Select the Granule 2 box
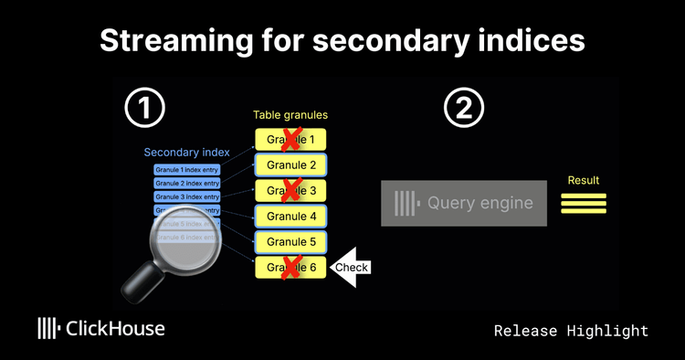[x=290, y=165]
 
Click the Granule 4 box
[x=290, y=217]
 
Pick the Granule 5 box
[x=290, y=242]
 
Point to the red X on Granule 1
[x=291, y=140]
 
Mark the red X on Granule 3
[x=291, y=191]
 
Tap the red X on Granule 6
[x=291, y=268]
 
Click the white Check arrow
[x=350, y=268]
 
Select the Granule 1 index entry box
[x=187, y=170]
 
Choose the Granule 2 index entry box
[x=187, y=184]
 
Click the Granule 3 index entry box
[x=187, y=196]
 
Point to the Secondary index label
[x=186, y=153]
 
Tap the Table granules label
[x=290, y=116]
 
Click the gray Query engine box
[x=463, y=203]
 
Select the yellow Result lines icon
[x=584, y=203]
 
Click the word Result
[x=584, y=181]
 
